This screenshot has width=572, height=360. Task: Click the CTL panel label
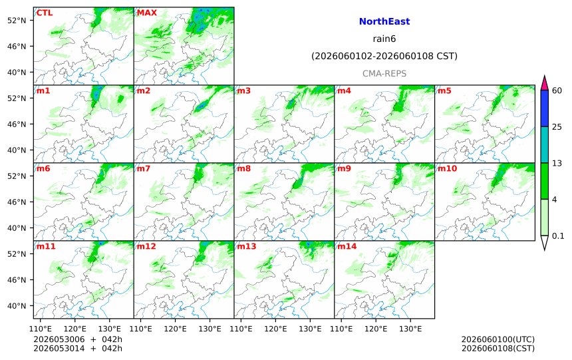pos(45,13)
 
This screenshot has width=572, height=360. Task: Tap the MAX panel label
pos(146,13)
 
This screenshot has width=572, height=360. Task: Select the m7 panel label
pos(144,168)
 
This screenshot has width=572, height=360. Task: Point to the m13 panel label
pos(247,246)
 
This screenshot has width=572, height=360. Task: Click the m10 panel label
pos(447,168)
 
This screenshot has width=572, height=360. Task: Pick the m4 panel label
pos(344,90)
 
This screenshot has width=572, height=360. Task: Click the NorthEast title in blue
pos(384,21)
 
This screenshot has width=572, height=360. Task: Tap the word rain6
pos(384,39)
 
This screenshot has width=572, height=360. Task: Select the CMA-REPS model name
pos(384,74)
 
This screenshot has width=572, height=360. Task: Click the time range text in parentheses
pos(384,56)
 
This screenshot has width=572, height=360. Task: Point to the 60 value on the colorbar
pos(557,90)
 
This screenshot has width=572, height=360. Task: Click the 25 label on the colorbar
pos(557,127)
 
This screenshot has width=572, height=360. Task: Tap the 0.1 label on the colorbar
pos(558,236)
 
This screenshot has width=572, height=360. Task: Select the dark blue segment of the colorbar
pos(545,108)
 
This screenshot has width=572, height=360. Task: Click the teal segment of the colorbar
pos(545,144)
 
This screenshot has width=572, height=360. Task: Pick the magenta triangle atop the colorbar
pos(545,84)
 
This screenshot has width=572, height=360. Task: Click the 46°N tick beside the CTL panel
pos(17,47)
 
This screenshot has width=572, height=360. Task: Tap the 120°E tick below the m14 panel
pos(376,329)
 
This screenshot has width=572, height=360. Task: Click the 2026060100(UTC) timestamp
pos(498,339)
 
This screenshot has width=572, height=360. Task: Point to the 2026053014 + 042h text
pos(78,348)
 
